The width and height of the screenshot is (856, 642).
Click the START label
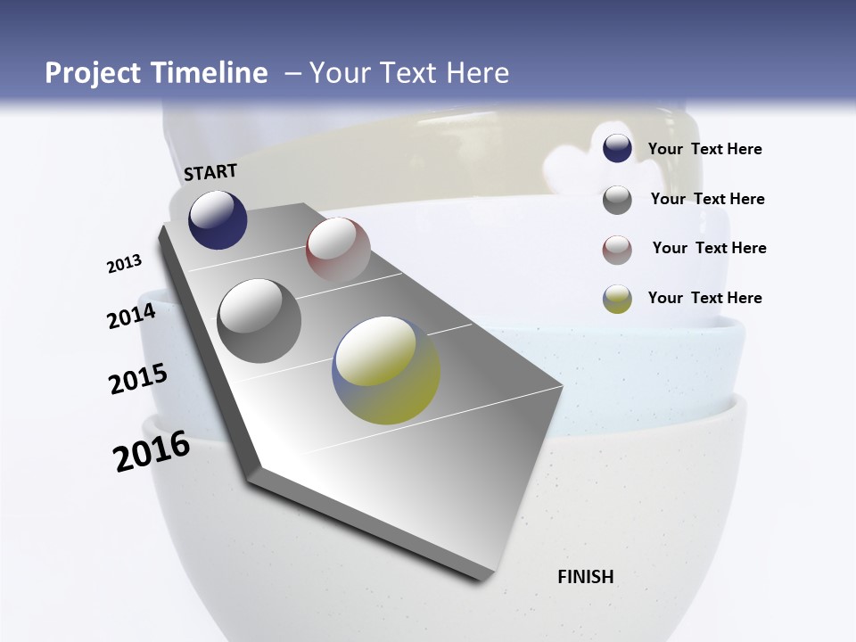[210, 172]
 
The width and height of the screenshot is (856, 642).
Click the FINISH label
[586, 577]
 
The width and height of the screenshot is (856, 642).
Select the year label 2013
[125, 264]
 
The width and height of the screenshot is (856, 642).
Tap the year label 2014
[132, 317]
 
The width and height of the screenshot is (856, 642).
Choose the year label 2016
[152, 451]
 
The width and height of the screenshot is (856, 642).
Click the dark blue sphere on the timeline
[218, 219]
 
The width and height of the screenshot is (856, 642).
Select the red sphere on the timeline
[338, 249]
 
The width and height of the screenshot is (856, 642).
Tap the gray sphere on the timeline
[259, 321]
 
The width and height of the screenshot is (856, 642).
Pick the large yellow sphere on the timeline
[386, 370]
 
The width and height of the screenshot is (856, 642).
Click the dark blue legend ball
[617, 149]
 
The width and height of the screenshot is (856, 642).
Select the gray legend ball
[617, 200]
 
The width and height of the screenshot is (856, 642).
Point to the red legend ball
[617, 250]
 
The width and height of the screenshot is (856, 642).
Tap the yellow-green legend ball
[617, 299]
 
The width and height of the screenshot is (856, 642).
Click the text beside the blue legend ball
[704, 150]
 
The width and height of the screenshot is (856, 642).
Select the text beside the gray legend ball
[707, 199]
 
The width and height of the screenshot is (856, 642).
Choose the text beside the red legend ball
[709, 248]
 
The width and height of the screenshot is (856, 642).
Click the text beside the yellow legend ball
[704, 298]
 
